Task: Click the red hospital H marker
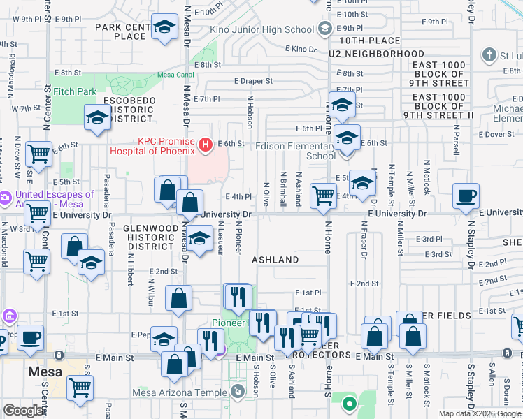tap(206, 145)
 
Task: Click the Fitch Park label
tap(75, 91)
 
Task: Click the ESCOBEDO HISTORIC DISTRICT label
tap(128, 110)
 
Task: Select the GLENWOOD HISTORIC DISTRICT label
tap(148, 237)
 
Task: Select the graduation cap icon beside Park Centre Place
tap(164, 28)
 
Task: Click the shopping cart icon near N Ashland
tap(322, 196)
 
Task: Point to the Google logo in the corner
tap(24, 411)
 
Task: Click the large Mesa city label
tap(45, 372)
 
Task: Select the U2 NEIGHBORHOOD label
tap(377, 54)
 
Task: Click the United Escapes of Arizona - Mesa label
tap(49, 199)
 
